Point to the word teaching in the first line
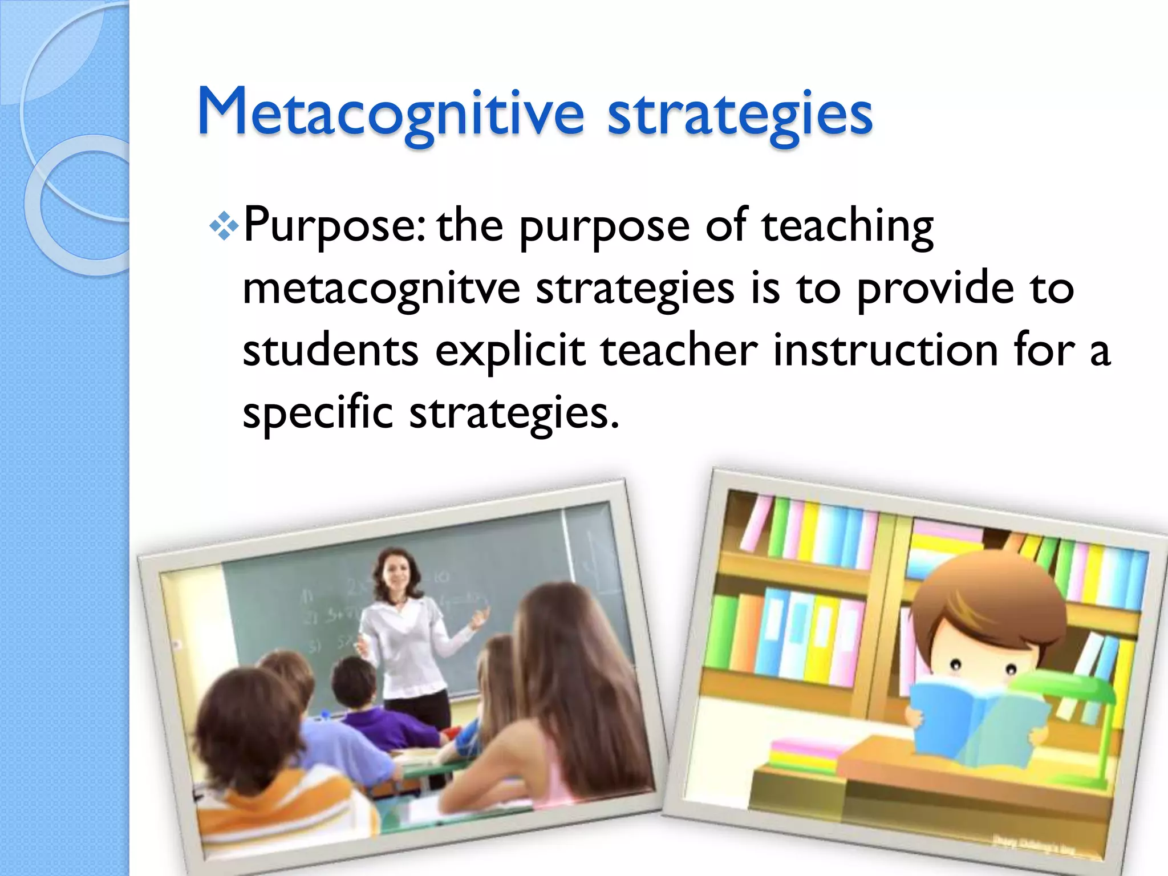tap(847, 226)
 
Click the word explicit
tap(510, 351)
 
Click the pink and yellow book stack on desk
tap(804, 753)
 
